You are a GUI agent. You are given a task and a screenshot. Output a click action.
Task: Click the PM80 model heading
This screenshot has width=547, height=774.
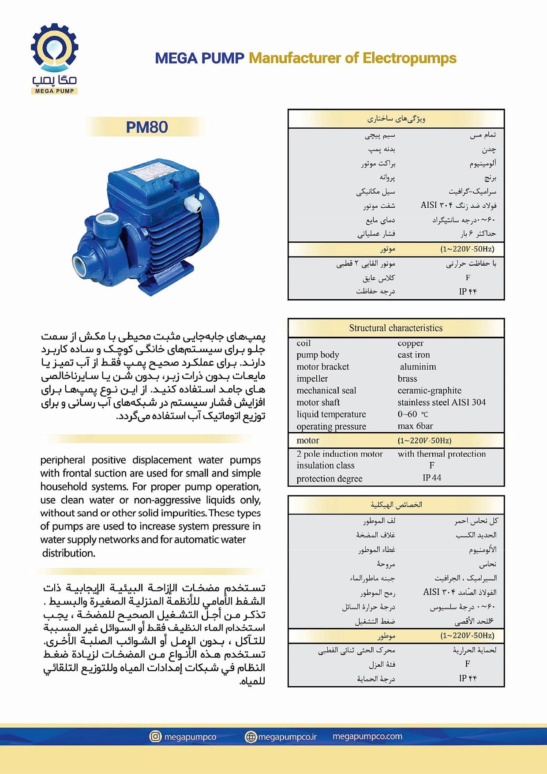click(147, 127)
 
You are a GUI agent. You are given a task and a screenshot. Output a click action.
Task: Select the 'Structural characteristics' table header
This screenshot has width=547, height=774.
click(396, 328)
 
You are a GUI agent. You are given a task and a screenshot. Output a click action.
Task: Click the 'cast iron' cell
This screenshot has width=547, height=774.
click(413, 355)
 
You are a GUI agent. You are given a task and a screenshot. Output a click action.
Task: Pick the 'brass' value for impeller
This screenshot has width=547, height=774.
click(407, 379)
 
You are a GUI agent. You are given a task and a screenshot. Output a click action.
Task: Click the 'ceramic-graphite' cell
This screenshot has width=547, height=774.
click(429, 391)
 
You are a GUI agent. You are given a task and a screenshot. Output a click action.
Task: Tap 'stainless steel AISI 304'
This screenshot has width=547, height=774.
click(441, 402)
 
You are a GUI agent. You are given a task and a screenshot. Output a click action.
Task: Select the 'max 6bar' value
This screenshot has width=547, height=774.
click(415, 426)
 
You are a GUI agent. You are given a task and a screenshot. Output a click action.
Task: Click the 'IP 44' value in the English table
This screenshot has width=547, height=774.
click(431, 478)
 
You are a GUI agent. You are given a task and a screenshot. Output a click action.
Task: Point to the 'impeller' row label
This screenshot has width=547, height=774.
click(312, 379)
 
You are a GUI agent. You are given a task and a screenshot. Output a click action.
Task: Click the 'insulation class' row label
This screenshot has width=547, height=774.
click(326, 466)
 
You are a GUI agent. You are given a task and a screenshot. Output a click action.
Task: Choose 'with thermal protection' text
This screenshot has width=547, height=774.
click(442, 454)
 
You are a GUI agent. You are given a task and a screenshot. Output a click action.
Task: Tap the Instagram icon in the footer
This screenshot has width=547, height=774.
click(155, 736)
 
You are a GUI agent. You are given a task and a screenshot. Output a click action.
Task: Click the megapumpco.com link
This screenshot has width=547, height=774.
click(367, 736)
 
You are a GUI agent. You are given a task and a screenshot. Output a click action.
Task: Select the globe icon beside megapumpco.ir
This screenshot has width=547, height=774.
click(251, 737)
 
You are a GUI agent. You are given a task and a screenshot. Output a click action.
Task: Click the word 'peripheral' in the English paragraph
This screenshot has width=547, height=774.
click(63, 460)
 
